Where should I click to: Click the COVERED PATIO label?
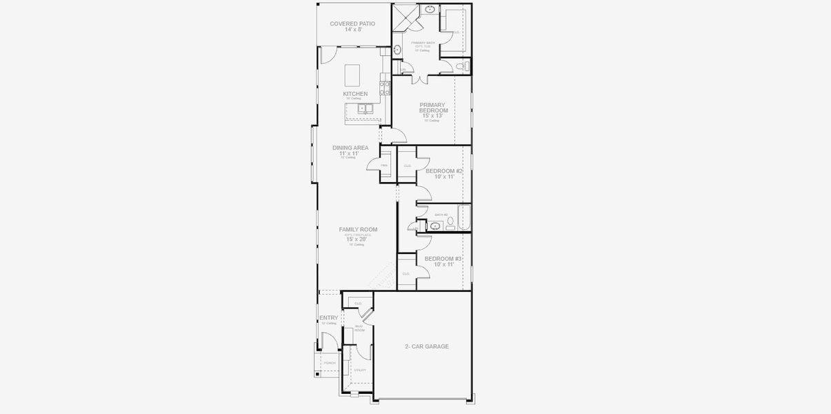[352, 23]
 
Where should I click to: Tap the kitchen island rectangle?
[352, 73]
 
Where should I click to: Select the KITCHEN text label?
[355, 94]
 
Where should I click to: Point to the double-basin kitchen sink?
[363, 108]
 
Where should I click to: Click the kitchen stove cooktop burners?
[386, 88]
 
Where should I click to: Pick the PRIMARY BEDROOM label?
[433, 108]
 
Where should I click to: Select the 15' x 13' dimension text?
[432, 116]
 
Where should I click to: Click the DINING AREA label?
[350, 148]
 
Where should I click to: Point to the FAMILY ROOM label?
[358, 230]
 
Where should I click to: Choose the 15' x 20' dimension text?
[357, 239]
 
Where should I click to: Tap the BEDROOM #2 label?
[443, 170]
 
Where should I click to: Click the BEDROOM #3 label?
[443, 259]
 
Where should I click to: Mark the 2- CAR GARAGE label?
[426, 346]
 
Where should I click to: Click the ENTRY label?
[328, 318]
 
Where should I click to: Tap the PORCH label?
[330, 363]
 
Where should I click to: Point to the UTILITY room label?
[360, 371]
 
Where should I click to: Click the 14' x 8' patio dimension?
[353, 30]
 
